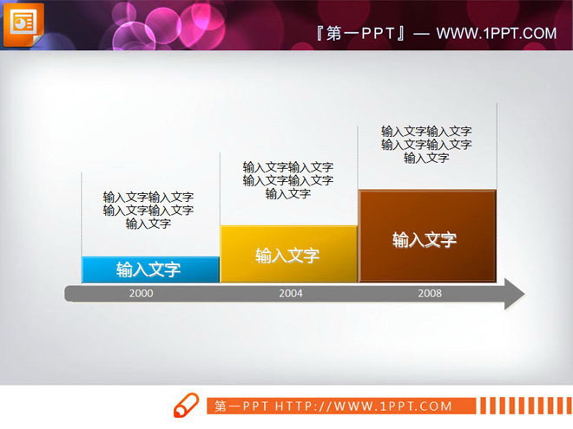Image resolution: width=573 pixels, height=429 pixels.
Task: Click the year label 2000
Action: point(141,294)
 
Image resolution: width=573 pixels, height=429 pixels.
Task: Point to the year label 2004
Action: point(290,294)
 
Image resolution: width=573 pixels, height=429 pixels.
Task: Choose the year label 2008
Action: point(429,294)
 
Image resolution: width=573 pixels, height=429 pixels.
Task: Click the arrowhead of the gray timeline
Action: point(514,294)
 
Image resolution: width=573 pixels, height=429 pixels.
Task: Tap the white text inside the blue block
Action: point(148,270)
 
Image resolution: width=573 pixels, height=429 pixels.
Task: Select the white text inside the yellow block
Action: point(287,256)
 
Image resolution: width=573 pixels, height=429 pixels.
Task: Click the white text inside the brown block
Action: point(425,240)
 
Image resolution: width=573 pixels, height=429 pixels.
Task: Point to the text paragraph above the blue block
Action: point(148,211)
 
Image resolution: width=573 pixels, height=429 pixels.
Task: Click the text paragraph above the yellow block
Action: point(287,180)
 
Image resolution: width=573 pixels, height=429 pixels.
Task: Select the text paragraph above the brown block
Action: point(426,145)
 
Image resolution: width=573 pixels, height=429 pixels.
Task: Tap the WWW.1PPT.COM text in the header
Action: point(496,34)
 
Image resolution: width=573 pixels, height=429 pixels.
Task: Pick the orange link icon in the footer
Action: point(186,405)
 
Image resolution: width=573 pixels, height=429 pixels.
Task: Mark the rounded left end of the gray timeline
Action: point(69,294)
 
